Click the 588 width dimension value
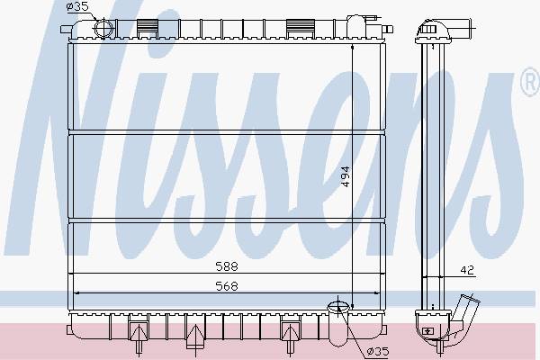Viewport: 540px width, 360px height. click(x=227, y=266)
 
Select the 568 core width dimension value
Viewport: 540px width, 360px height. click(x=227, y=286)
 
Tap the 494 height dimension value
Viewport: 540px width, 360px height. click(x=346, y=176)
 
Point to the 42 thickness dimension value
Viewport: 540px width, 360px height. click(x=467, y=270)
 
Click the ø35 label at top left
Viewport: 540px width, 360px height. click(x=77, y=6)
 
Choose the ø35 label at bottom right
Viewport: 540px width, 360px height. click(x=378, y=351)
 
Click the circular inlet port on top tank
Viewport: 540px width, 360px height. click(x=103, y=28)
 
